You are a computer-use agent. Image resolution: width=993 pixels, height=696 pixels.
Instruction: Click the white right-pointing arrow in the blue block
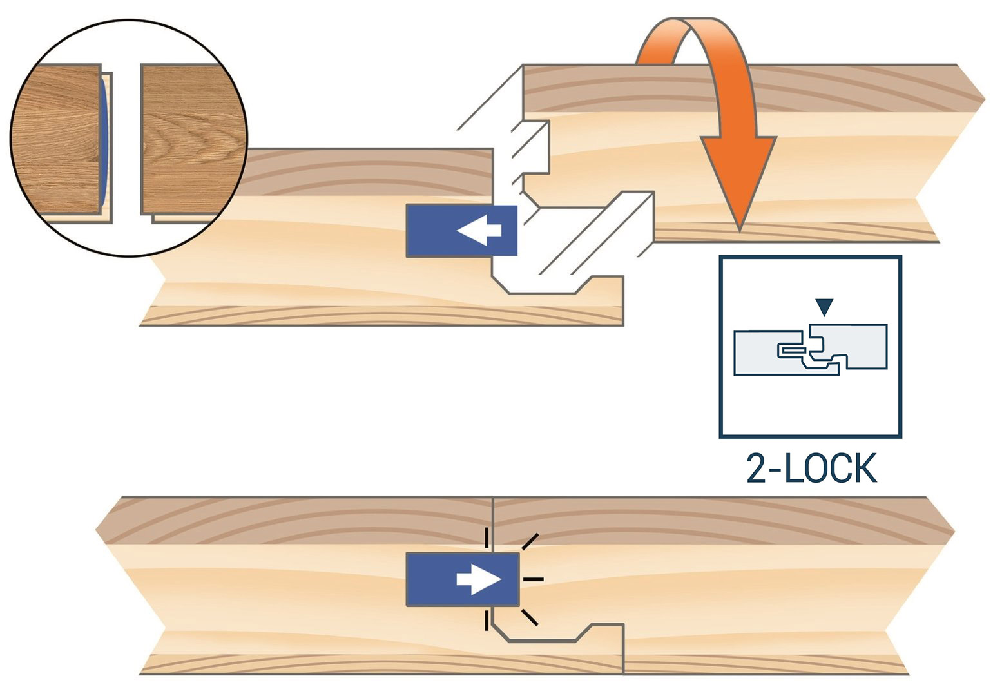click(x=479, y=580)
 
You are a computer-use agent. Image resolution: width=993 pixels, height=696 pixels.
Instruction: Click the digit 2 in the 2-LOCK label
click(x=757, y=470)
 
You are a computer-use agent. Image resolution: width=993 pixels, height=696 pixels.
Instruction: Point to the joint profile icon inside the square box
click(x=811, y=349)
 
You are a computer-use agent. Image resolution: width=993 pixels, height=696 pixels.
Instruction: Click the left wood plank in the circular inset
click(x=58, y=139)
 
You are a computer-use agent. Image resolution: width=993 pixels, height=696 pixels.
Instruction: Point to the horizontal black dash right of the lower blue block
click(x=533, y=579)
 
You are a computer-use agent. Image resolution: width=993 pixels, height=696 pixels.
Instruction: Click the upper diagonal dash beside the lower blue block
click(x=529, y=542)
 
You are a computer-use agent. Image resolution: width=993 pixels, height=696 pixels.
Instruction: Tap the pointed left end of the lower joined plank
click(x=99, y=532)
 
